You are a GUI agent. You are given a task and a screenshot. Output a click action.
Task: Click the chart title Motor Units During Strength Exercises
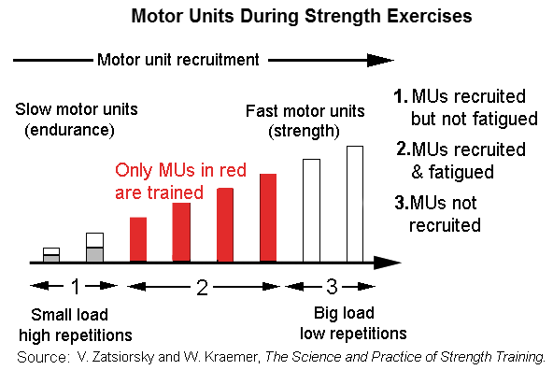point(276,16)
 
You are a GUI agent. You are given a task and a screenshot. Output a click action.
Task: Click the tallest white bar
point(355,203)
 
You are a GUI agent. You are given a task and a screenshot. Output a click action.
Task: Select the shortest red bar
point(138,239)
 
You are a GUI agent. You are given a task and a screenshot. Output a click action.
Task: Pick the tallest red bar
point(268,218)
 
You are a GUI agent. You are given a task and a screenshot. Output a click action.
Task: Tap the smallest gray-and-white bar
point(51,255)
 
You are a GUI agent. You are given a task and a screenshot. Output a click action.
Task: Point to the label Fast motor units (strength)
point(291,119)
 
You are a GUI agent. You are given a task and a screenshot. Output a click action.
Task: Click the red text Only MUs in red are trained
point(185,180)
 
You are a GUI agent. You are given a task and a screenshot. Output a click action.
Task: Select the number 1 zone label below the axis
point(77,288)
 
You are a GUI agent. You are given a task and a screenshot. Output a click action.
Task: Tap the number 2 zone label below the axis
point(200,288)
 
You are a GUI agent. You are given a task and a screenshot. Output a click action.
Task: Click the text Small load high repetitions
point(77,324)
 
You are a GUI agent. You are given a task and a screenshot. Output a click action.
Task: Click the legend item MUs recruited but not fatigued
point(461,108)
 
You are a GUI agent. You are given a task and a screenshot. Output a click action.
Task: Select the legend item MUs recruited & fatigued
point(458,161)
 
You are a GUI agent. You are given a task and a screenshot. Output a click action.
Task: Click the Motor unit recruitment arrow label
point(177,60)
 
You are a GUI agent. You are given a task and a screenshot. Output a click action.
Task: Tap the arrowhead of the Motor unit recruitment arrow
point(381,60)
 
